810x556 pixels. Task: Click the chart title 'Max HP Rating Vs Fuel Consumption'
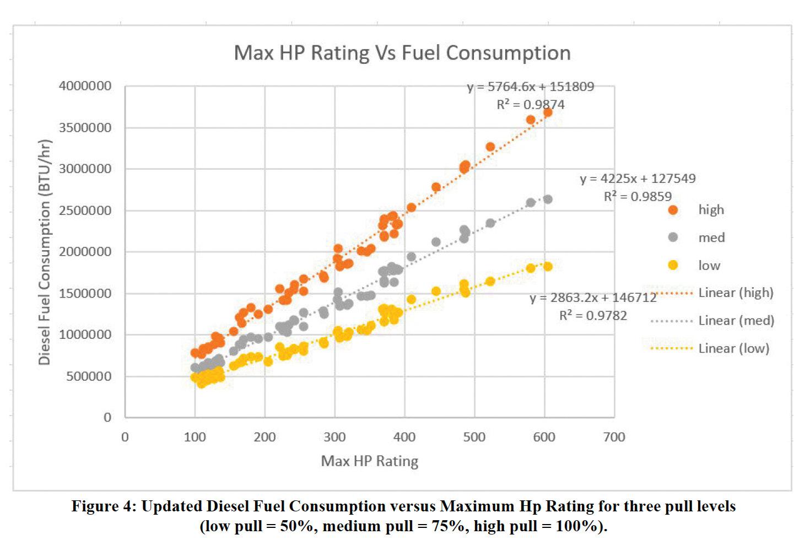(402, 53)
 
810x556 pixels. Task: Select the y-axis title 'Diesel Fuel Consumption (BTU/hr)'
(45, 252)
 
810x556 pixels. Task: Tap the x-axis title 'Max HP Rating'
(369, 461)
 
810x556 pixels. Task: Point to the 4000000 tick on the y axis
(85, 86)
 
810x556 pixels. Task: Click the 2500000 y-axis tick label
(85, 210)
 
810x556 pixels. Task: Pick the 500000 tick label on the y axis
(88, 376)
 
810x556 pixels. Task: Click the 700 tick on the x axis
(614, 438)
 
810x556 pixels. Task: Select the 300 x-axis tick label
(334, 438)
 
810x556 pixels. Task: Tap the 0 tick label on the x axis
(125, 438)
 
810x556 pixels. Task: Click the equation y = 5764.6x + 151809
(531, 87)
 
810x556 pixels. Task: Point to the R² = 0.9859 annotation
(638, 197)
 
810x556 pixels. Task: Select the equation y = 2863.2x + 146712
(593, 298)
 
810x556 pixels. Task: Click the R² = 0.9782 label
(593, 316)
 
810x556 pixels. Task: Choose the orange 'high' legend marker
(673, 210)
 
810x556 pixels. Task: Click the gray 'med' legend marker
(673, 237)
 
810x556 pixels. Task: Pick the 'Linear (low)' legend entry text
(733, 348)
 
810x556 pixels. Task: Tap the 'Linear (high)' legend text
(736, 293)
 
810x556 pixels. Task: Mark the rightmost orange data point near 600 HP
(548, 112)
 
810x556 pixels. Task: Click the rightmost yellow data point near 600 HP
(548, 267)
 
